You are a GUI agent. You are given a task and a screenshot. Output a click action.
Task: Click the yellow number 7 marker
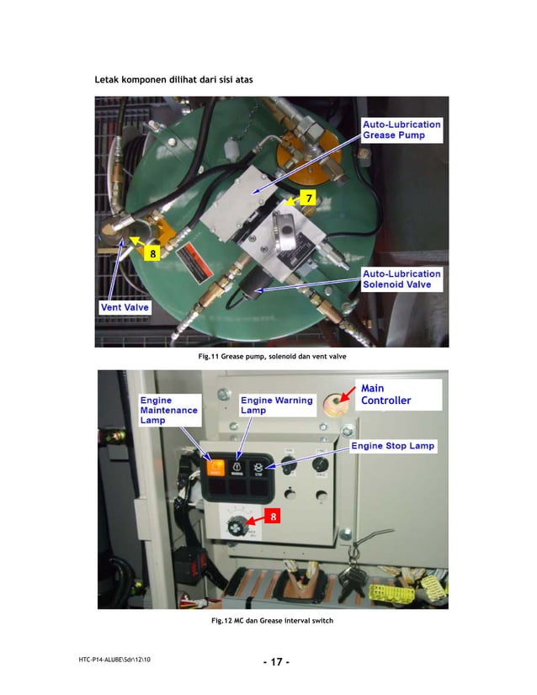point(309,198)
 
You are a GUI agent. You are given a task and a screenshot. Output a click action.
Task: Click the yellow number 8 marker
point(152,253)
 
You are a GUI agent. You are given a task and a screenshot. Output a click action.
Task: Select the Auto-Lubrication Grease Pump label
point(401,130)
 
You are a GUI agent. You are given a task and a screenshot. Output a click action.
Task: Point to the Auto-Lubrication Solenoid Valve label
point(401,279)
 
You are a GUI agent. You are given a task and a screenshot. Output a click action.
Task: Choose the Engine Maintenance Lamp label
point(169,410)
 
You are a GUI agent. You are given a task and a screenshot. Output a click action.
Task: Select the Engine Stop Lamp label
point(392,445)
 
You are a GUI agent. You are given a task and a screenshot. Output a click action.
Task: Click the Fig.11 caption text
point(272,358)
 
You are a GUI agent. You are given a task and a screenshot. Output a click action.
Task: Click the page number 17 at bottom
point(275,662)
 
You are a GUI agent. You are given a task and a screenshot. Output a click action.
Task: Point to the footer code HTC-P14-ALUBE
point(114,657)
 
